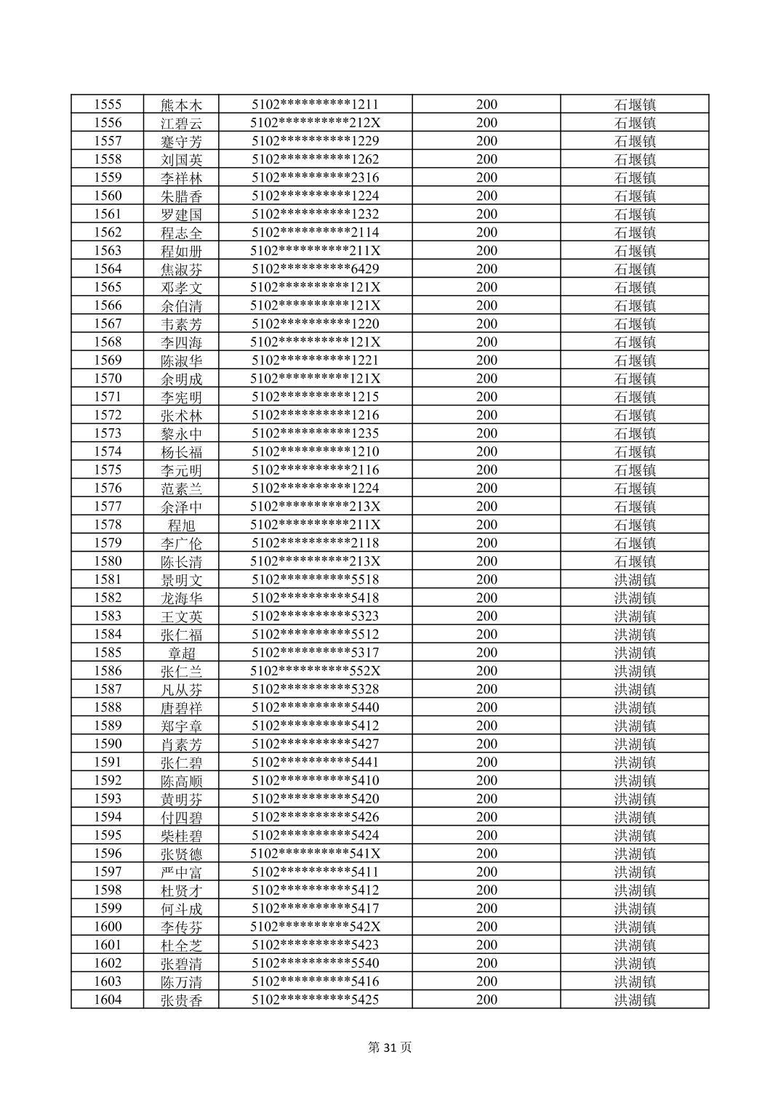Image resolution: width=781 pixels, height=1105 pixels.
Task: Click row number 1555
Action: (x=108, y=105)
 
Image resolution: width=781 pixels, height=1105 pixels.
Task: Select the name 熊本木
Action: (x=181, y=105)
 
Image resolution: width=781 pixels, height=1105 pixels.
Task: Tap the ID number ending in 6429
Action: (x=315, y=269)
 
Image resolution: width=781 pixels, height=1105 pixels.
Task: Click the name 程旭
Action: (x=181, y=525)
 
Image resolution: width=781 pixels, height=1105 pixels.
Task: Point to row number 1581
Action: (x=108, y=579)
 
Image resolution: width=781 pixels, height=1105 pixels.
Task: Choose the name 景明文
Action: (x=181, y=579)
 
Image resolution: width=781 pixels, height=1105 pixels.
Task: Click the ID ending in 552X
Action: (x=315, y=671)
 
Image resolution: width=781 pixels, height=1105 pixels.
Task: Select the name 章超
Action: (x=181, y=653)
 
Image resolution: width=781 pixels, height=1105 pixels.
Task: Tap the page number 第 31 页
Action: (x=390, y=1048)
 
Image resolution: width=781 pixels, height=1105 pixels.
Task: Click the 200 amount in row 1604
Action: (x=486, y=1000)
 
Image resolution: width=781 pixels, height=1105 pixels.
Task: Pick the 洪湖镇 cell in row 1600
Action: (x=635, y=927)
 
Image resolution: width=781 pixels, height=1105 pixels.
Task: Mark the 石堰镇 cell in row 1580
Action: (x=635, y=561)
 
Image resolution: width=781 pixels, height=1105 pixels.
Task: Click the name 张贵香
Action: (x=181, y=1000)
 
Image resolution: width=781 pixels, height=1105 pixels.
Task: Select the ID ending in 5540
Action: (x=315, y=963)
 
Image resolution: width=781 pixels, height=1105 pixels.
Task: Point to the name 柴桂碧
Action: (x=181, y=835)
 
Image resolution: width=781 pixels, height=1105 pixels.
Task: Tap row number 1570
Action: (x=108, y=379)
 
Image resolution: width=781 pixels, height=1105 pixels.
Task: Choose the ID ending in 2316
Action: (x=315, y=178)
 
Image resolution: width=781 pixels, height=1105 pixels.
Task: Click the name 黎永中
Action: (x=181, y=433)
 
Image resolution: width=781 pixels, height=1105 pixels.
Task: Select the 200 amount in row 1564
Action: (x=486, y=269)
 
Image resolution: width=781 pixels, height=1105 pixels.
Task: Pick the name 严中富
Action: (x=181, y=872)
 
